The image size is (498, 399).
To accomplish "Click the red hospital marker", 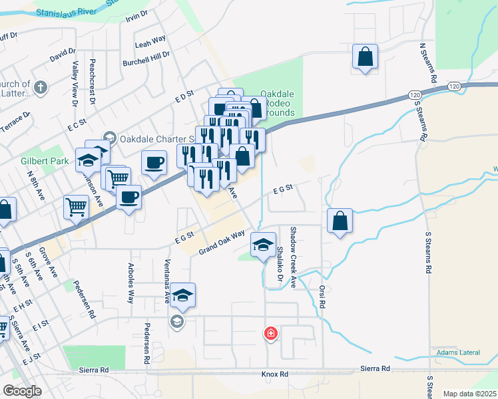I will [x=271, y=333].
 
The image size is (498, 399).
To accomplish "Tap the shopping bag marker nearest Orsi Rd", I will [x=340, y=221].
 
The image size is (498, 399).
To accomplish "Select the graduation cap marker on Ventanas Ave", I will [x=182, y=295].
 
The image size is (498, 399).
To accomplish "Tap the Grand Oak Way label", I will [x=222, y=241].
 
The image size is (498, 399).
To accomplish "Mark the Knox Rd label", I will [x=274, y=374].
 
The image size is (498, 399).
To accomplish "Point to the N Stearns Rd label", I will [x=423, y=63].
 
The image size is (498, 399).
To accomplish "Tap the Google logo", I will [x=22, y=391].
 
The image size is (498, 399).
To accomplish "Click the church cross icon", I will [x=41, y=86].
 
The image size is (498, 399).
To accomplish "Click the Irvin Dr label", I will [x=136, y=17].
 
